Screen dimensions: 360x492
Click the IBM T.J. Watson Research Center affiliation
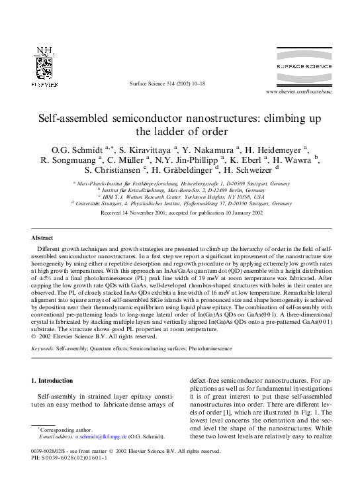181,197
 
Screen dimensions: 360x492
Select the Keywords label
43,328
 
